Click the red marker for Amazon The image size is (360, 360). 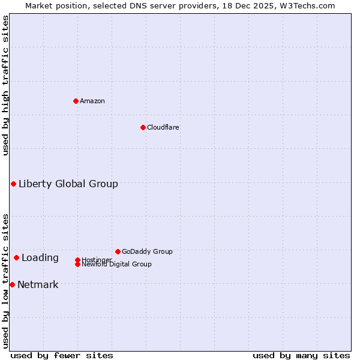tap(76, 101)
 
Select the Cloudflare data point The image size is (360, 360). tap(143, 127)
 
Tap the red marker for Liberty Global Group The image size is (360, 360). tap(13, 184)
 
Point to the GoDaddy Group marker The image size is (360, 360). tap(118, 251)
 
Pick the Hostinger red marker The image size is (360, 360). tap(77, 260)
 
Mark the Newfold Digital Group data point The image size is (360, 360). tap(77, 264)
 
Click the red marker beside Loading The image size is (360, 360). tap(16, 257)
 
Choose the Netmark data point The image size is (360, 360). tap(12, 284)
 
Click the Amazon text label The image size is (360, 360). tap(92, 101)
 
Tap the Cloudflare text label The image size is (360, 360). tap(163, 127)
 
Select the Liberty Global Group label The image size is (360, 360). tap(68, 184)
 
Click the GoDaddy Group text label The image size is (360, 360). tap(147, 251)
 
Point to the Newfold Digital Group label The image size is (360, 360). tap(117, 265)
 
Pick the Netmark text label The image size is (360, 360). tap(38, 284)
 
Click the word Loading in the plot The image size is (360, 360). tap(40, 257)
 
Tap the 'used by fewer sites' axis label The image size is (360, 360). tap(62, 355)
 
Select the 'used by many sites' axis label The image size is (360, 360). tap(301, 355)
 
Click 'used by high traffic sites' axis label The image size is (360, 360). tap(5, 85)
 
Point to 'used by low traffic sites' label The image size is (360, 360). tap(5, 280)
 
